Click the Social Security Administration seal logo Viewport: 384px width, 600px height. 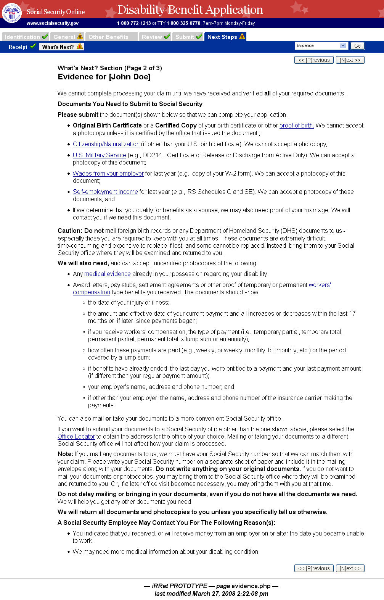click(x=12, y=13)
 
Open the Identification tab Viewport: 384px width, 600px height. click(x=22, y=37)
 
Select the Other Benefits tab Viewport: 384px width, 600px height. click(x=108, y=37)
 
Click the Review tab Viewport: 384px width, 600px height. click(x=152, y=37)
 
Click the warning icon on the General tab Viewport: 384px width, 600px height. click(x=80, y=37)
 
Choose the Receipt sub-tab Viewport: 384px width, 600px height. click(x=18, y=47)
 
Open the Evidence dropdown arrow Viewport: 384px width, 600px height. click(x=343, y=46)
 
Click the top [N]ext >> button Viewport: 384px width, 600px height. click(x=350, y=60)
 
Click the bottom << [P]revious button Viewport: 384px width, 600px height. click(x=314, y=568)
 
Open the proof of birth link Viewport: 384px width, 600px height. click(x=296, y=126)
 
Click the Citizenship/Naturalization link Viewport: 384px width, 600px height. click(x=106, y=144)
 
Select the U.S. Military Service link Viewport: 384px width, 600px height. click(x=99, y=155)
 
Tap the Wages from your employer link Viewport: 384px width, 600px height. click(x=108, y=174)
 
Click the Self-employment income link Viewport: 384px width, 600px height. click(x=105, y=192)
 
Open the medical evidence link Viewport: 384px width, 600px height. click(x=107, y=274)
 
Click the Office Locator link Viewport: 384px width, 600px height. click(x=76, y=437)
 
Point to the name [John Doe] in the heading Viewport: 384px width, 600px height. click(x=130, y=77)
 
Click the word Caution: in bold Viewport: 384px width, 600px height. click(x=70, y=231)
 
